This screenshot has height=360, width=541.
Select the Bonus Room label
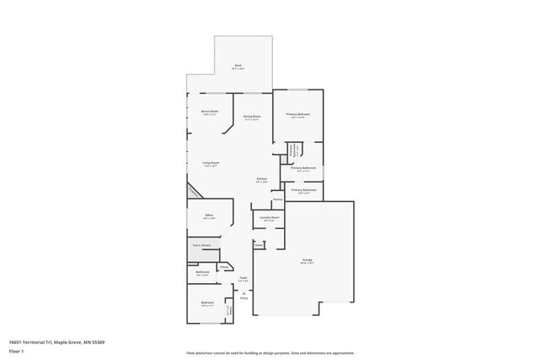pos(210,112)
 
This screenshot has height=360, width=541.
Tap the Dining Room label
pos(252,117)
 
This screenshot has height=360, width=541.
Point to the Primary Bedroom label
pos(298,114)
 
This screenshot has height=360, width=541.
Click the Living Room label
pos(210,163)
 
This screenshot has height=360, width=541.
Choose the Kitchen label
pos(263,179)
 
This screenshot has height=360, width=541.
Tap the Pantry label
pos(277,199)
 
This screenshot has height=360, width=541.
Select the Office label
pos(208,216)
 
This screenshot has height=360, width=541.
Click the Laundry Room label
pos(269,218)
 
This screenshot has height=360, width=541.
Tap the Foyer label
pos(243,278)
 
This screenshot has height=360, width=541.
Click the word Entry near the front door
pos(243,297)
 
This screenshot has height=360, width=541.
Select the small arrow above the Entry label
pos(243,292)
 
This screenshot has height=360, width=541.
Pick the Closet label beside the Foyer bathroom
pos(224,266)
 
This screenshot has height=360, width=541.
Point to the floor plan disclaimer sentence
pos(270,352)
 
